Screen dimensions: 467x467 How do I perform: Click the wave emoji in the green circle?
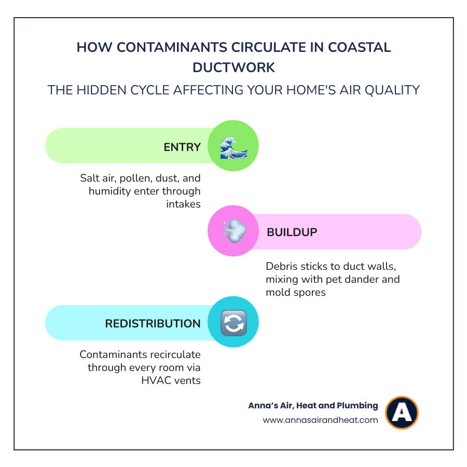[233, 146]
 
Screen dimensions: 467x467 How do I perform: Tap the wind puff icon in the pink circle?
[233, 231]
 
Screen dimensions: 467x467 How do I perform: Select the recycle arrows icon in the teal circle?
[233, 323]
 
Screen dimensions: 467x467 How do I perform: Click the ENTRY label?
[182, 147]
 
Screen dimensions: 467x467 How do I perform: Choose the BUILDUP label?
[292, 232]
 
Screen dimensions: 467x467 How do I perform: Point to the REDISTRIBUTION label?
[153, 323]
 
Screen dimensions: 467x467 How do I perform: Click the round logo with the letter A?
[402, 413]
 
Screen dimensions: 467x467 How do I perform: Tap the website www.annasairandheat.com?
[320, 420]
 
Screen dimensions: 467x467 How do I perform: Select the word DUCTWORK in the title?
[233, 67]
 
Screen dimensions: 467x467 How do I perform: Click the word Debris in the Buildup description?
[281, 266]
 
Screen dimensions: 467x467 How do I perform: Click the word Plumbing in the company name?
[356, 406]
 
